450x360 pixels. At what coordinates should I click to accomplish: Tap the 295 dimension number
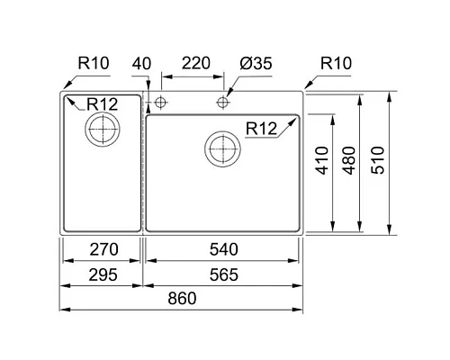(x=101, y=274)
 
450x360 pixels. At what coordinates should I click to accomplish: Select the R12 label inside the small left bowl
(x=100, y=104)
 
